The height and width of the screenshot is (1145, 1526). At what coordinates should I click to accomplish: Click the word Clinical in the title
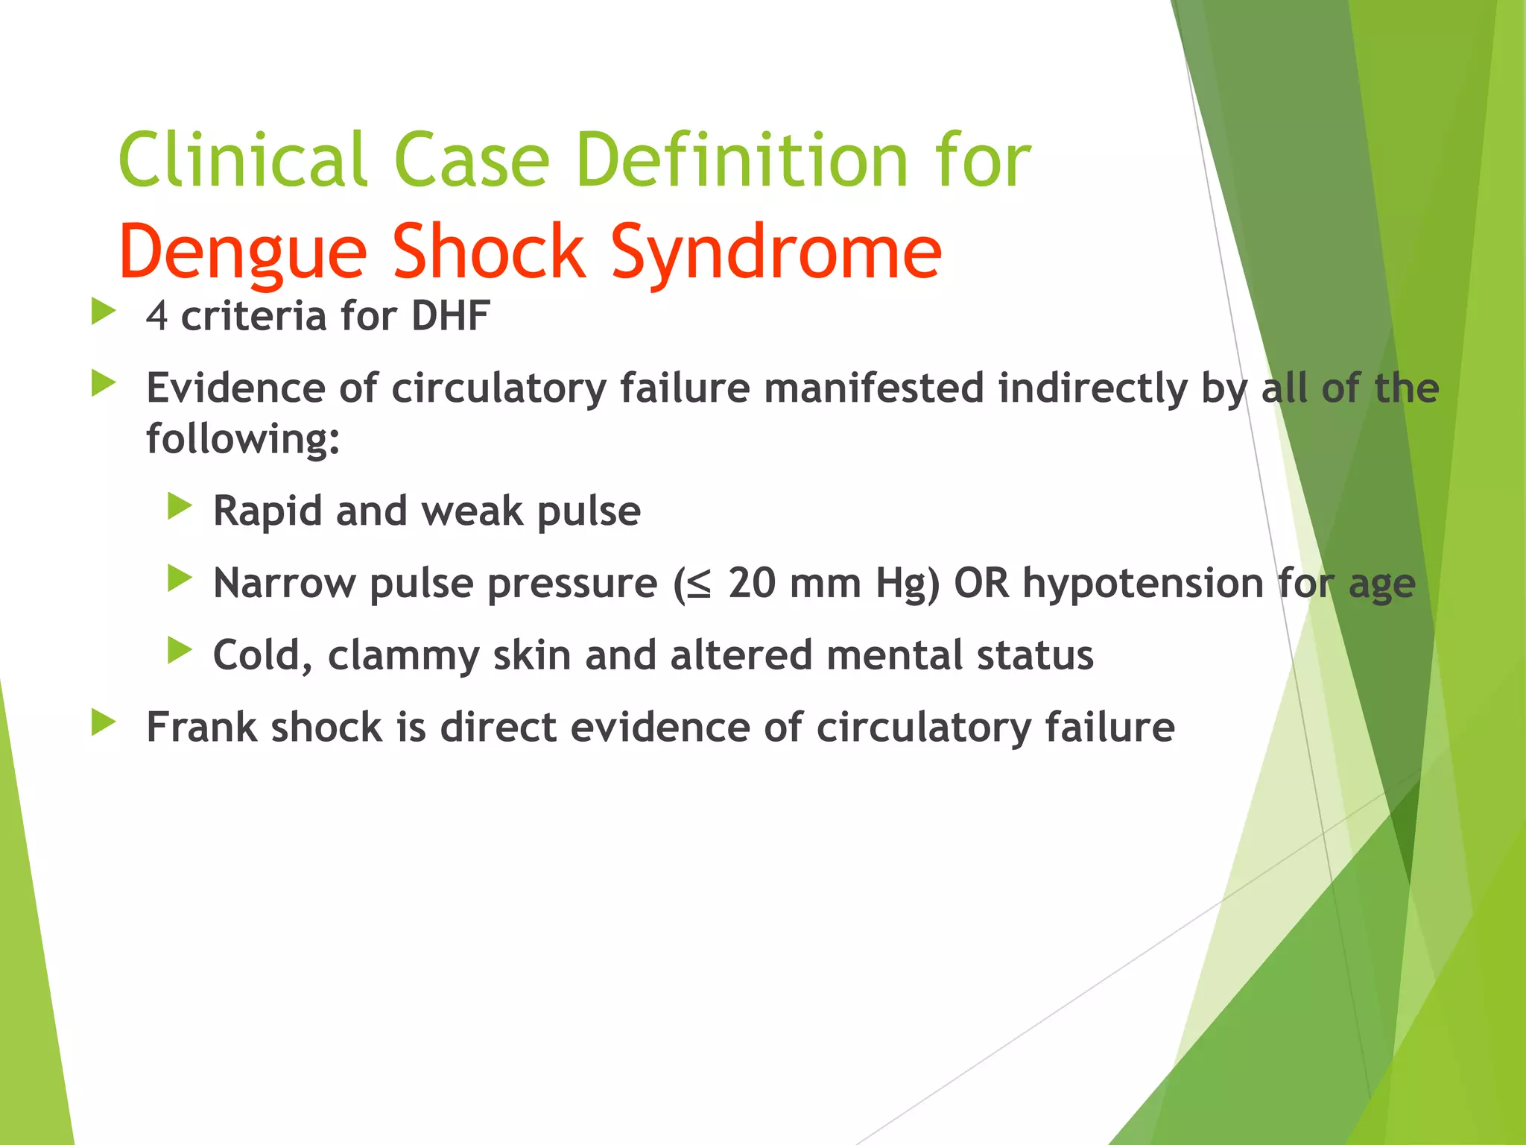tap(243, 160)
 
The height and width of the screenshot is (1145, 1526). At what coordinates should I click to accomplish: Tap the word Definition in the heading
tap(741, 160)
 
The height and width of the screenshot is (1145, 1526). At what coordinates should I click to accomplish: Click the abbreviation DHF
tap(450, 316)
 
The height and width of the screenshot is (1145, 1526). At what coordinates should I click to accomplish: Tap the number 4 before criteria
tap(156, 316)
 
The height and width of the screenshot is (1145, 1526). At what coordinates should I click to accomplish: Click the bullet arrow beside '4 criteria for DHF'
tap(104, 312)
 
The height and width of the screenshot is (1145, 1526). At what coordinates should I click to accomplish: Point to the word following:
tap(243, 438)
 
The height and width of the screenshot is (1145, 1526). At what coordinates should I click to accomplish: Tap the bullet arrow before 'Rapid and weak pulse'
tap(180, 507)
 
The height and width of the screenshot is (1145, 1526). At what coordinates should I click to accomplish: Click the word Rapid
tap(267, 511)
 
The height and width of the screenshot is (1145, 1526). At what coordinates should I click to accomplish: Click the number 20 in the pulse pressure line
tap(752, 583)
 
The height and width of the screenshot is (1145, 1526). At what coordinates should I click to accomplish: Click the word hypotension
tap(1143, 583)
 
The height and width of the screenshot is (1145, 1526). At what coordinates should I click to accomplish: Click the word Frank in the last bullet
tap(201, 727)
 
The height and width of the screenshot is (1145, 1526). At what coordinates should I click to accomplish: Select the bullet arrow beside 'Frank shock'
tap(104, 722)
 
